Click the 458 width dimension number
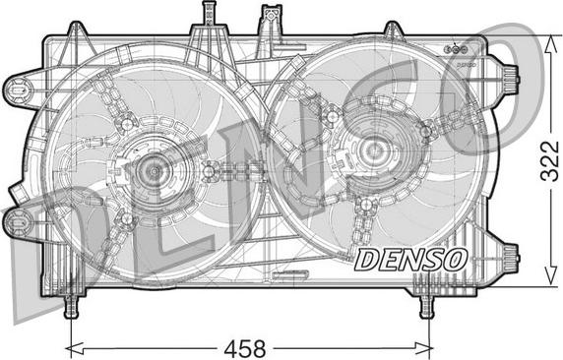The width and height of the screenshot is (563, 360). pyautogui.click(x=245, y=348)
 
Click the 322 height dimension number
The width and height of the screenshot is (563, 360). pyautogui.click(x=550, y=161)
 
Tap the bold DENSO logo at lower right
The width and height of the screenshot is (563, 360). pyautogui.click(x=410, y=260)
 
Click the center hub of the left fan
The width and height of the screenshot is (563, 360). pyautogui.click(x=155, y=171)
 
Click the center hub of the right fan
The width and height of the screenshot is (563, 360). pyautogui.click(x=373, y=150)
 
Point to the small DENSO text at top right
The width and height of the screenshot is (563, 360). pyautogui.click(x=467, y=65)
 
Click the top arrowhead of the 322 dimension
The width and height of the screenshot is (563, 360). pyautogui.click(x=550, y=44)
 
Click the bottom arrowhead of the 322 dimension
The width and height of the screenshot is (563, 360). pyautogui.click(x=550, y=276)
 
